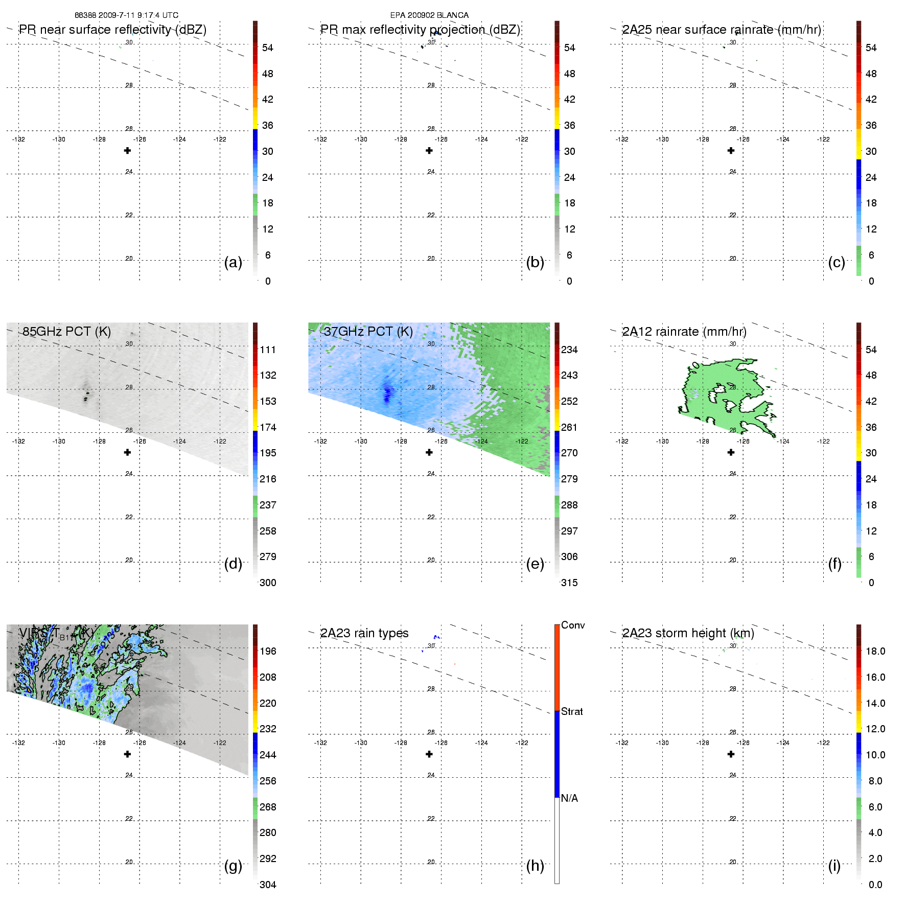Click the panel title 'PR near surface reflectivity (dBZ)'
(112, 30)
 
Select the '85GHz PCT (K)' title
(66, 332)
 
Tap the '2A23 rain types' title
(364, 633)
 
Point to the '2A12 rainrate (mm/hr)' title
(684, 332)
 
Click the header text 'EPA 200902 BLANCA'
(429, 15)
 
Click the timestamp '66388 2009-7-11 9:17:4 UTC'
(127, 15)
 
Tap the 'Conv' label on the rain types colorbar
(573, 625)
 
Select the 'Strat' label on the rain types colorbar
(572, 711)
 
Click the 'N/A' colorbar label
(569, 798)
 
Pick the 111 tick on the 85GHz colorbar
(268, 350)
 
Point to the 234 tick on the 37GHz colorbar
(569, 350)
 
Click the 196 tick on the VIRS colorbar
(268, 652)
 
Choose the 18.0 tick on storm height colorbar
(875, 652)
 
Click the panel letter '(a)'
(233, 263)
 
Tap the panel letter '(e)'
(535, 564)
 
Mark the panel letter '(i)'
(834, 866)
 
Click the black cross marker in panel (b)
(429, 151)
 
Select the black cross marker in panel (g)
(128, 754)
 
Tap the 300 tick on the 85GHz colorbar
(268, 583)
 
